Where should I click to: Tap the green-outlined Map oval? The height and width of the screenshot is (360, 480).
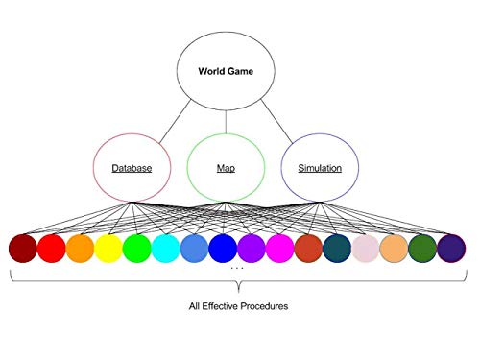click(226, 168)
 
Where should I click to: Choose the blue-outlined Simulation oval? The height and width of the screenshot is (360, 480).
click(321, 168)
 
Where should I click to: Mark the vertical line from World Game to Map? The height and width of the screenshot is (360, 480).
click(226, 119)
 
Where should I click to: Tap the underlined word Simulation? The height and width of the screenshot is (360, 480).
click(321, 169)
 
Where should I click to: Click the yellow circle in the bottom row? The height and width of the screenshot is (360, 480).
click(108, 249)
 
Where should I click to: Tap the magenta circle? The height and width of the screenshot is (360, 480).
click(280, 249)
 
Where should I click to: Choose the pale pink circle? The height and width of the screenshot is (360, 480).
click(366, 249)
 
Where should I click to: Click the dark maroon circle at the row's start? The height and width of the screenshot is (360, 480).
click(23, 249)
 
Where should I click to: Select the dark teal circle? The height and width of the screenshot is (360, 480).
click(337, 249)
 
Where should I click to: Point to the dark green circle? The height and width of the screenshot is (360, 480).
click(422, 249)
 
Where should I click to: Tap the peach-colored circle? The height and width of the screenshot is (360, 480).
click(394, 249)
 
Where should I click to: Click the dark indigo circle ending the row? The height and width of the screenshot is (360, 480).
click(451, 249)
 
